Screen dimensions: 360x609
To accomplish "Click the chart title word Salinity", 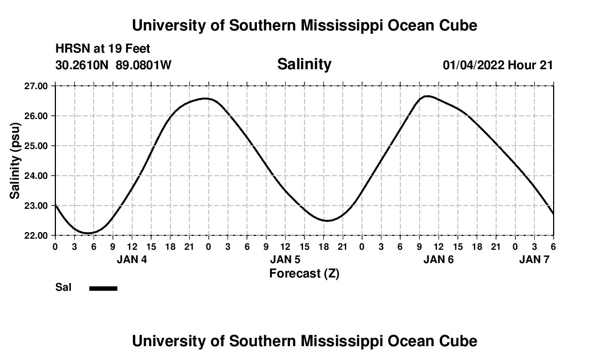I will tap(304, 64).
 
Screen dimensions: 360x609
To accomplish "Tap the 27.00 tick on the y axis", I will tap(36, 86).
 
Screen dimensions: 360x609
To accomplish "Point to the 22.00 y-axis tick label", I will tap(36, 235).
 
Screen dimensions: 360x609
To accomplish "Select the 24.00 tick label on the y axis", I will tap(36, 176).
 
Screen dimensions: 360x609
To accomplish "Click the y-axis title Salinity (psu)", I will tap(15, 161).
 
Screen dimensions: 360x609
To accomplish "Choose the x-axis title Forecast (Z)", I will tap(304, 273).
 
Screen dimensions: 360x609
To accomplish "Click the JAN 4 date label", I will tap(132, 259).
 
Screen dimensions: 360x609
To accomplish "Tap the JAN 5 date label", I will tap(285, 259).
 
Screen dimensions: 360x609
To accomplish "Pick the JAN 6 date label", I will tap(438, 259).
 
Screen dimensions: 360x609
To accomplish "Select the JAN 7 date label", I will tap(534, 259).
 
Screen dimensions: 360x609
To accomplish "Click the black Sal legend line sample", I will tap(104, 288).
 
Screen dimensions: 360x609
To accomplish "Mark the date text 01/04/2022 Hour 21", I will tap(498, 65).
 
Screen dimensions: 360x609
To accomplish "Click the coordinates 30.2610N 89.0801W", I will tap(113, 65).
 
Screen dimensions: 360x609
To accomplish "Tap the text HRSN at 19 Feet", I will tap(103, 49).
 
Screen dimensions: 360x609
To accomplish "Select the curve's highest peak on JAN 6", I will tap(427, 96).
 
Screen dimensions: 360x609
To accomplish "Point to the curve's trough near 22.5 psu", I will tap(327, 220).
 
